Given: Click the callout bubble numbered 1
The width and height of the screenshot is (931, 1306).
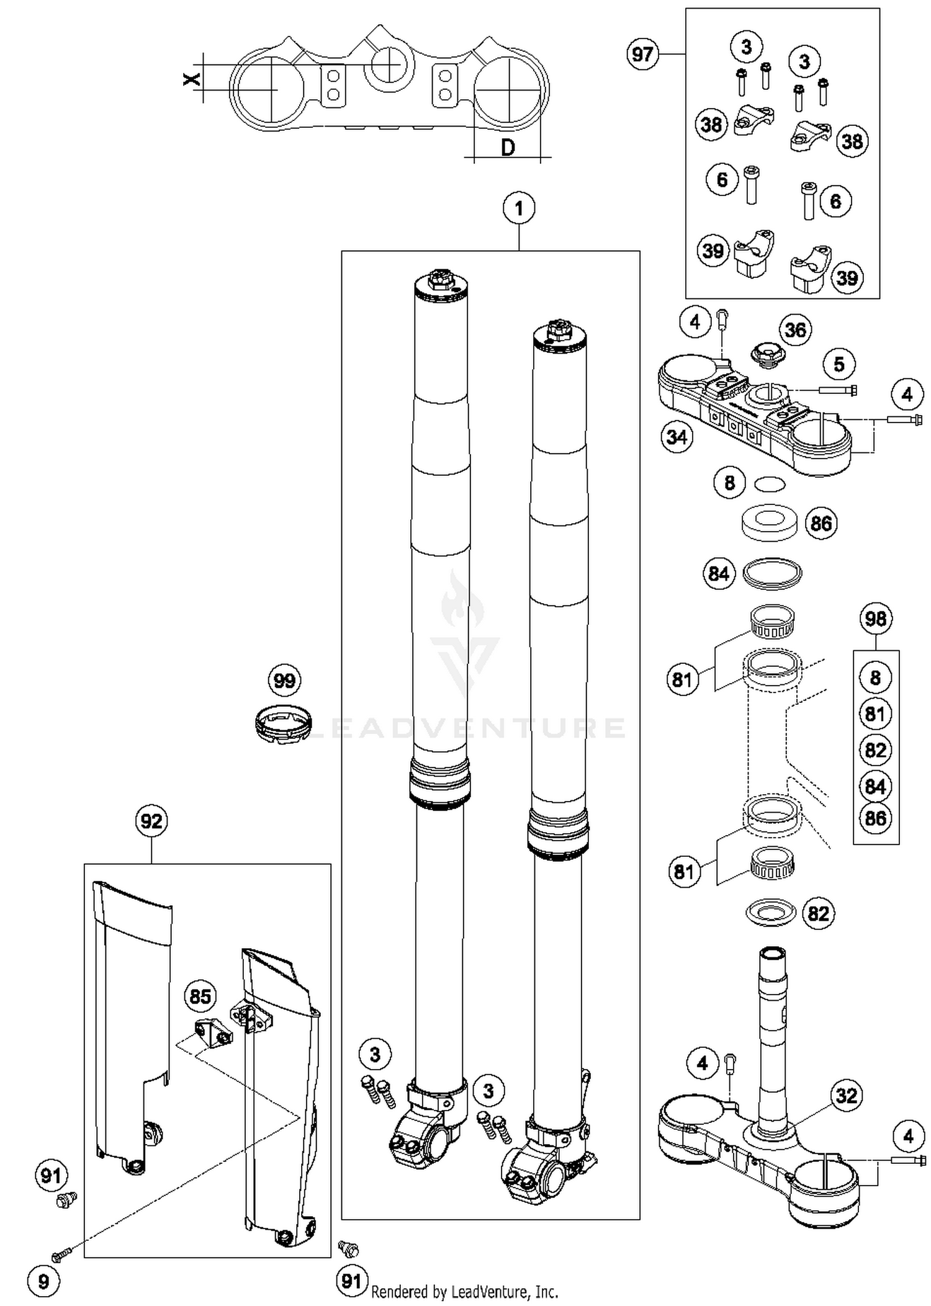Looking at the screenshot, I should pyautogui.click(x=519, y=208).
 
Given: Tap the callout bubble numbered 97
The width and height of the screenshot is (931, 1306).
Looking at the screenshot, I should pyautogui.click(x=642, y=55).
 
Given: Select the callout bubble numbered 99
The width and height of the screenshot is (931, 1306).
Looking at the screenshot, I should pyautogui.click(x=284, y=681).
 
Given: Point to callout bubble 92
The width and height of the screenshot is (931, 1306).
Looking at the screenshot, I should pyautogui.click(x=151, y=821).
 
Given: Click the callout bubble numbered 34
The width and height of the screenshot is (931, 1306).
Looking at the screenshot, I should pyautogui.click(x=677, y=437).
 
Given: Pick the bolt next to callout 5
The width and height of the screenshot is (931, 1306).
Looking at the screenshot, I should pyautogui.click(x=838, y=390).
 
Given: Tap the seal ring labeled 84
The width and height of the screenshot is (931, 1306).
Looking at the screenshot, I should pyautogui.click(x=772, y=573).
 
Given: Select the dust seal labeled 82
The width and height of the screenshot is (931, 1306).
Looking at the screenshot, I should pyautogui.click(x=770, y=912).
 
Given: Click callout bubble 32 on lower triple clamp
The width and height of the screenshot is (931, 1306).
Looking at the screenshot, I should pyautogui.click(x=847, y=1096).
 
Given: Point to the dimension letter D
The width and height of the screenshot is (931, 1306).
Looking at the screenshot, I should pyautogui.click(x=508, y=148).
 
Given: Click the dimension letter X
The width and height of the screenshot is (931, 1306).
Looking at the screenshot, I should pyautogui.click(x=192, y=78).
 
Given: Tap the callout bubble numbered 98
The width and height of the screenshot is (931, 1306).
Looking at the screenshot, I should pyautogui.click(x=876, y=619).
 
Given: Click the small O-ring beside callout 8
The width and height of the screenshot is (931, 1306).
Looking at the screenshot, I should pyautogui.click(x=770, y=483).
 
